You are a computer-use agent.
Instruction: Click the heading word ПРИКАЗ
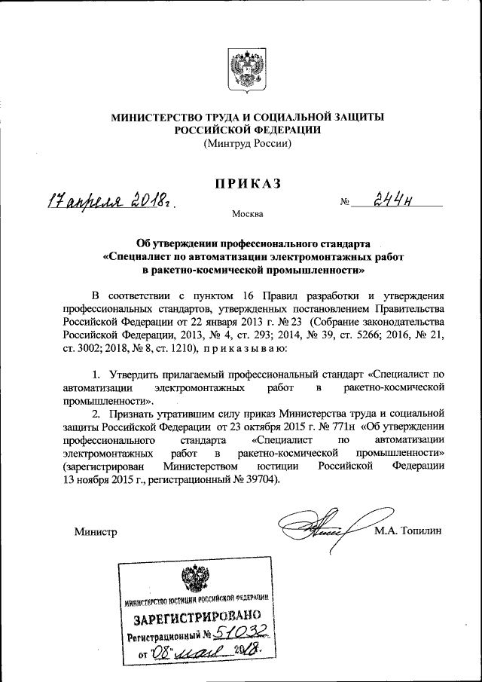(x=248, y=183)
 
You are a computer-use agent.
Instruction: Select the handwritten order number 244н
(x=396, y=200)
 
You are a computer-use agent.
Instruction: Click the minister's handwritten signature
(x=321, y=527)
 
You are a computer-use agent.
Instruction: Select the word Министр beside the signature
(x=96, y=533)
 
